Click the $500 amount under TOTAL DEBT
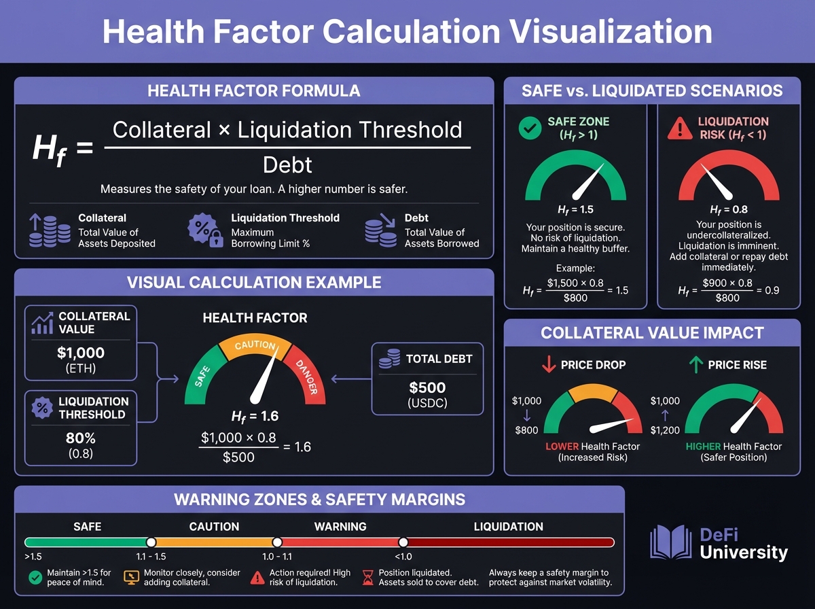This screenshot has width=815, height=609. click(x=427, y=387)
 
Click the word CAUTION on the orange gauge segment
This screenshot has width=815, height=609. click(x=255, y=346)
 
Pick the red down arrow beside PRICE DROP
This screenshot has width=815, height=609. click(x=549, y=364)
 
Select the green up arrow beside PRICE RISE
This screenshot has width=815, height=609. click(x=695, y=364)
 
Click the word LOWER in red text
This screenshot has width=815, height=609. click(x=562, y=447)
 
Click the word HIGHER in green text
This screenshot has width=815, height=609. click(x=703, y=447)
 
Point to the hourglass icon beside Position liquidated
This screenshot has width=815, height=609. click(x=369, y=577)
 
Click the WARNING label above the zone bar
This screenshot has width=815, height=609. click(x=340, y=526)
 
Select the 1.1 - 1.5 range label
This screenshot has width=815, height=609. click(x=151, y=555)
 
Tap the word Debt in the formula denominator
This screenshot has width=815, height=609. click(x=287, y=164)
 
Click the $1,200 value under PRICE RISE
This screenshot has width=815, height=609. click(x=665, y=430)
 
